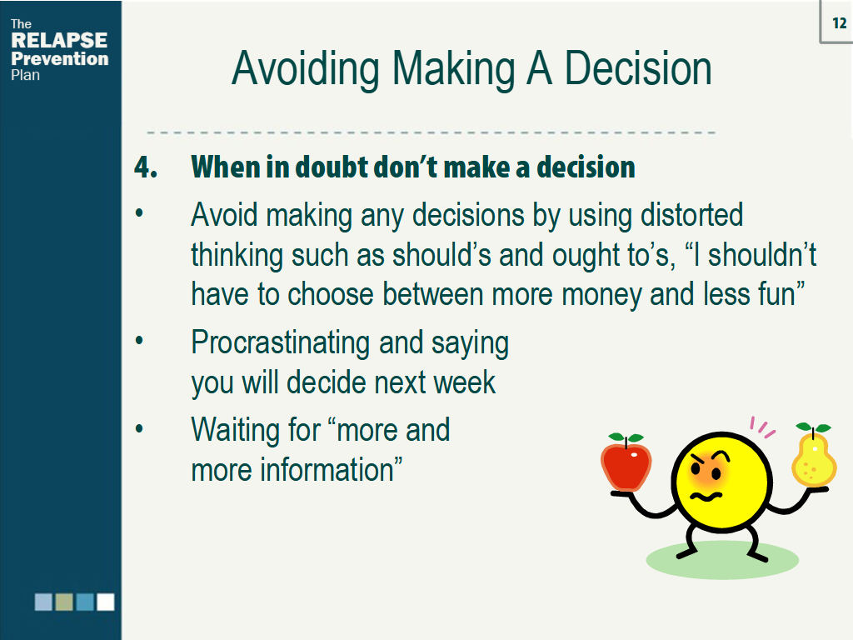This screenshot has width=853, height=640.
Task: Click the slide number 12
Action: pyautogui.click(x=840, y=22)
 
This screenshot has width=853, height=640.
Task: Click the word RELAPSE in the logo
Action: pyautogui.click(x=59, y=40)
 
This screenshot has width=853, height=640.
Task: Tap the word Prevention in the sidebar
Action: pyautogui.click(x=60, y=59)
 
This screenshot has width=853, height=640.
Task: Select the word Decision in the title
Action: pyautogui.click(x=638, y=69)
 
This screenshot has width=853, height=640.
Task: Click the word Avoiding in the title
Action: pyautogui.click(x=305, y=69)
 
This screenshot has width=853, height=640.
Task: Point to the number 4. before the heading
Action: pyautogui.click(x=146, y=167)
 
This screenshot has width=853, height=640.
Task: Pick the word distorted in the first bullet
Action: pyautogui.click(x=691, y=214)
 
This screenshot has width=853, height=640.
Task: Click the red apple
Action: pyautogui.click(x=626, y=462)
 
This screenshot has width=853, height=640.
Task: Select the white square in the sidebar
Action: pyautogui.click(x=106, y=602)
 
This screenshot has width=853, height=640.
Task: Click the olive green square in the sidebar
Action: pyautogui.click(x=64, y=602)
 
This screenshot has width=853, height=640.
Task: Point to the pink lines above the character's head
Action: pyautogui.click(x=761, y=427)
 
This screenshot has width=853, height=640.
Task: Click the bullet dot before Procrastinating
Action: pyautogui.click(x=139, y=341)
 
